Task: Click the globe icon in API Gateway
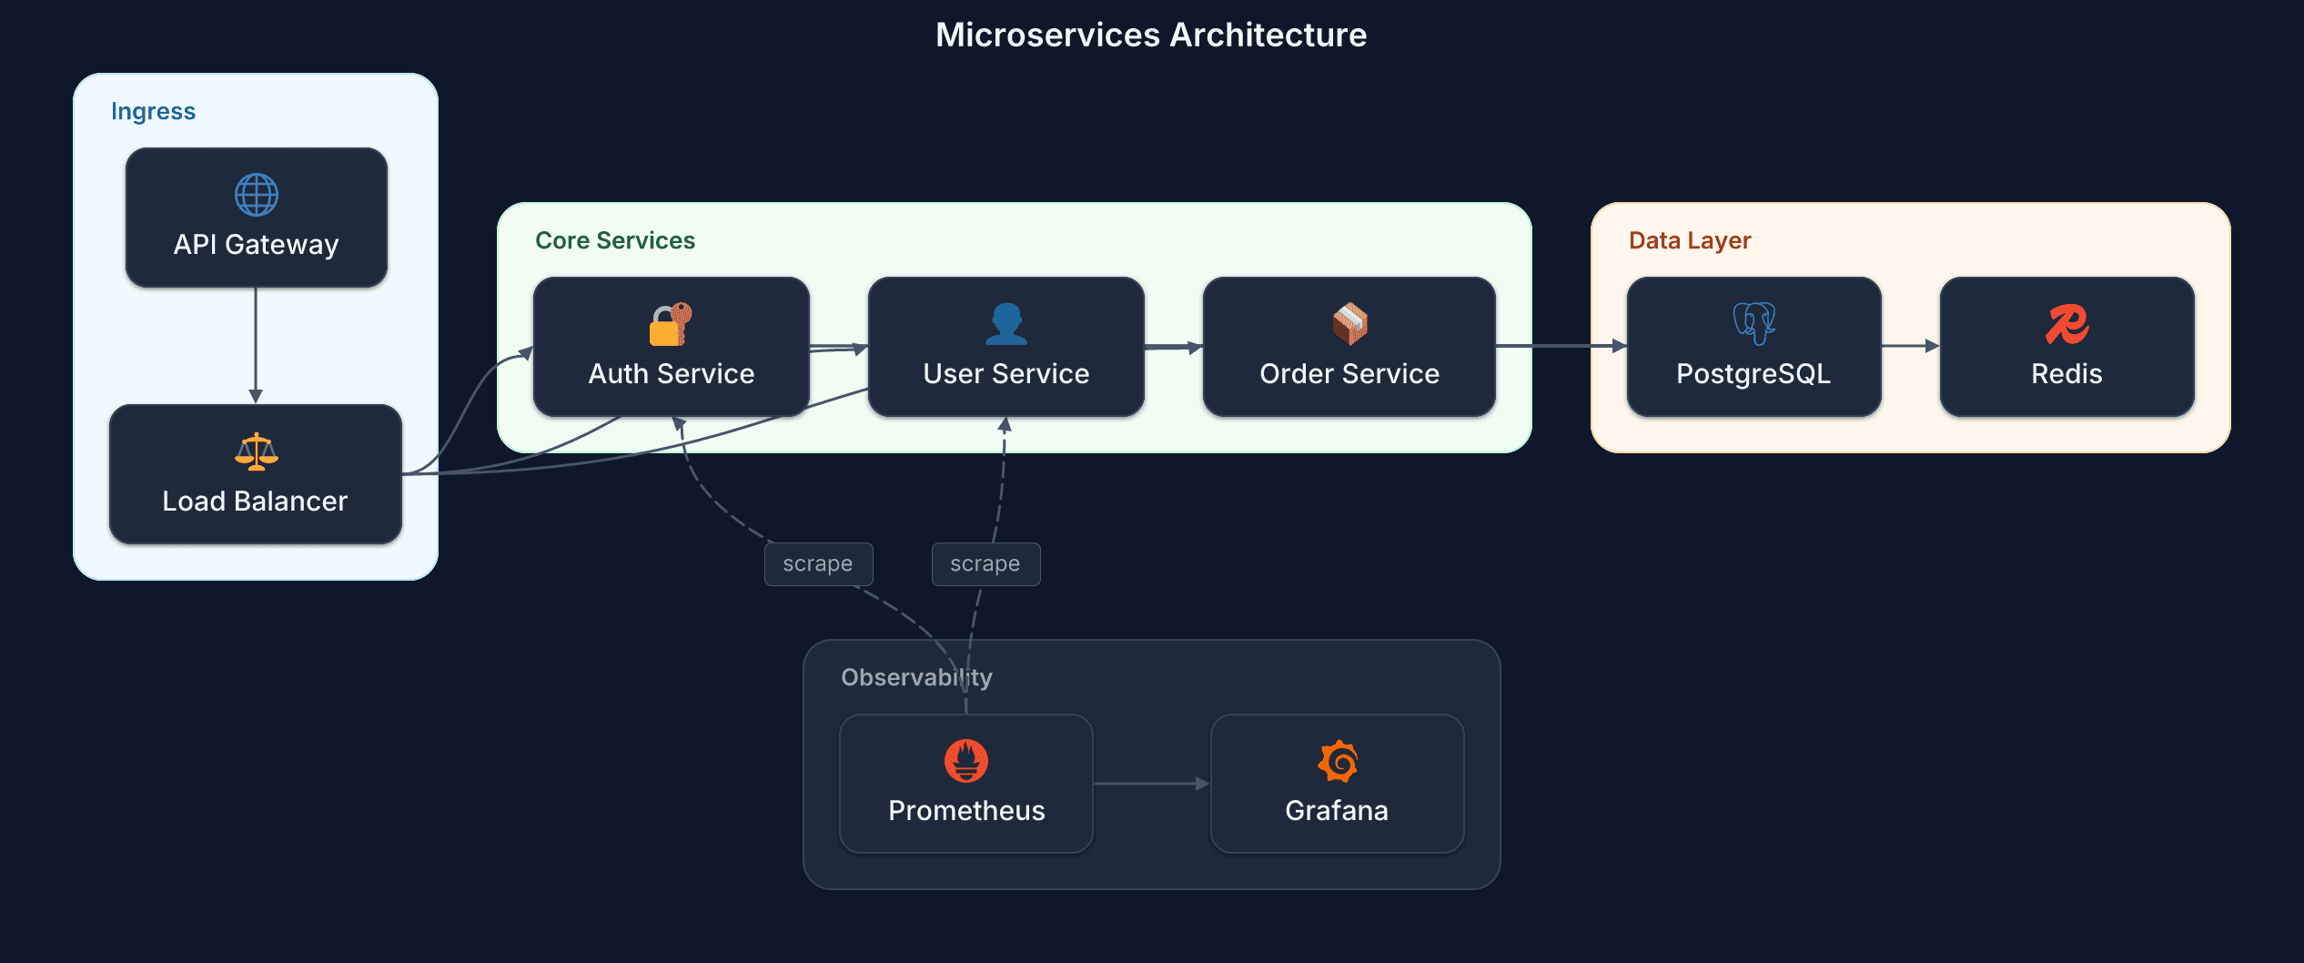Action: coord(257,195)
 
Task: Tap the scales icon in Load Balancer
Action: coord(257,451)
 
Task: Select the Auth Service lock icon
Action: coord(671,324)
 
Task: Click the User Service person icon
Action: coord(1005,324)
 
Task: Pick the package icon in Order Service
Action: coord(1349,324)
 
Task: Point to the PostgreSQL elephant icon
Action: coord(1753,324)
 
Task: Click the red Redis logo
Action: coord(2067,324)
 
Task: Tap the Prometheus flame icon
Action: coord(966,761)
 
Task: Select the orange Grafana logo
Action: coord(1338,761)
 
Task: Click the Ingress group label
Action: coord(153,111)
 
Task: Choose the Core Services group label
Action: coord(615,240)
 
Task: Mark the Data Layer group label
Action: coord(1690,240)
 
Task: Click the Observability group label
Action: coord(916,677)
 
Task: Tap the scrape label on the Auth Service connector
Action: coord(818,564)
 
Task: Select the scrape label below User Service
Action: coord(985,564)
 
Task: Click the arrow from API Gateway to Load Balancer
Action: coord(256,346)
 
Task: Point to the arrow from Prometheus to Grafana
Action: coord(1151,784)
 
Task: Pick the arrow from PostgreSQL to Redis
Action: coord(1910,346)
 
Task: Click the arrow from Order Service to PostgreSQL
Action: coord(1561,346)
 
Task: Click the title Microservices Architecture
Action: coord(1151,35)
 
